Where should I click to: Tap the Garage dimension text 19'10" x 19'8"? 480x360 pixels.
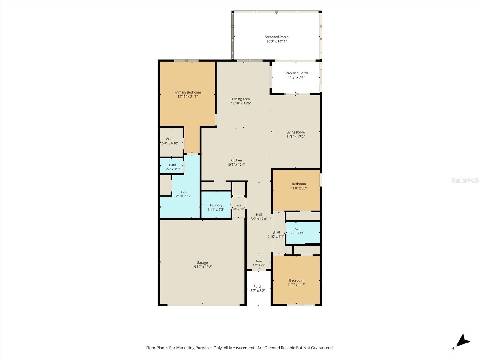(202, 267)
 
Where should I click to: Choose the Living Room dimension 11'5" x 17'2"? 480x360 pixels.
(296, 136)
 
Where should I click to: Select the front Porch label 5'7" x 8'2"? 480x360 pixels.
(258, 289)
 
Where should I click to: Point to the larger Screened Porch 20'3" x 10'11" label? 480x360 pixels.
(277, 39)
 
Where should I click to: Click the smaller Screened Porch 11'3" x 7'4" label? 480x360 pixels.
(296, 75)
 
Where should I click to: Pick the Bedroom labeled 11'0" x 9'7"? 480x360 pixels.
(299, 186)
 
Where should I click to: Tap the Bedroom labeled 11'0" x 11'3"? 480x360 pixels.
(296, 283)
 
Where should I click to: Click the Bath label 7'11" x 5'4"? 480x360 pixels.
(297, 231)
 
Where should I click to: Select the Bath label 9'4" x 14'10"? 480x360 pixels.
(184, 194)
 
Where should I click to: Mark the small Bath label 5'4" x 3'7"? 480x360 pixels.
(172, 167)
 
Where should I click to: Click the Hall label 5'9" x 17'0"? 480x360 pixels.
(259, 217)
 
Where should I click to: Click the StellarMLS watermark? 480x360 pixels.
(465, 180)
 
